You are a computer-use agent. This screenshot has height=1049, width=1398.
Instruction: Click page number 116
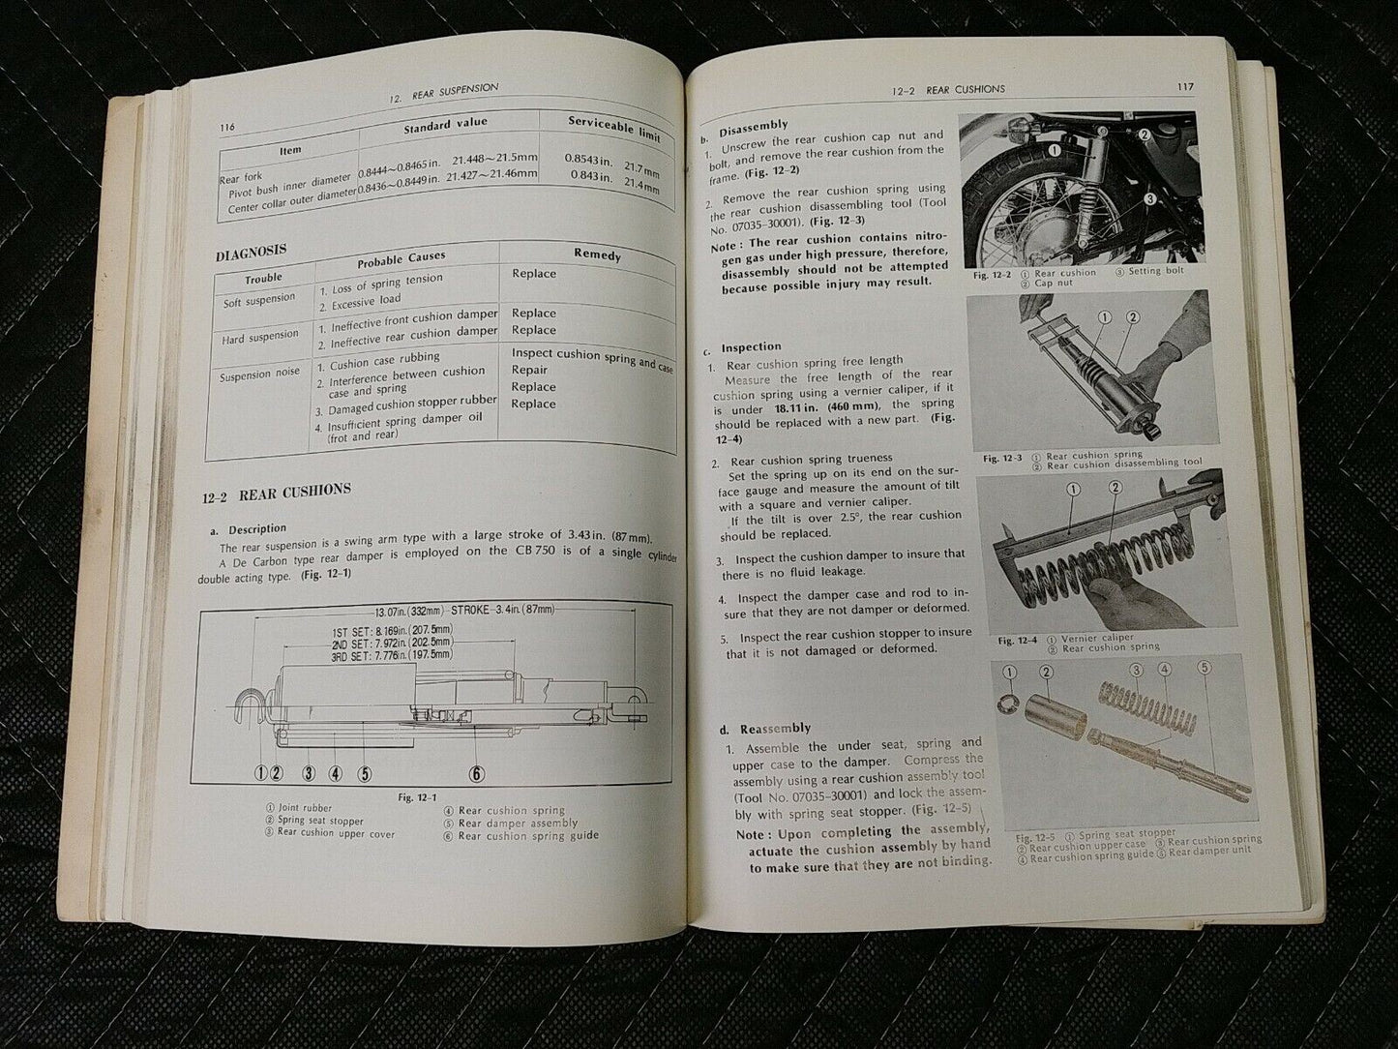(228, 127)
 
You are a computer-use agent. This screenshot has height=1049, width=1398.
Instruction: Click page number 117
(1185, 87)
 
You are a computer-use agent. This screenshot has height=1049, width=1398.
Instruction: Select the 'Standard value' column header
(445, 124)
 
